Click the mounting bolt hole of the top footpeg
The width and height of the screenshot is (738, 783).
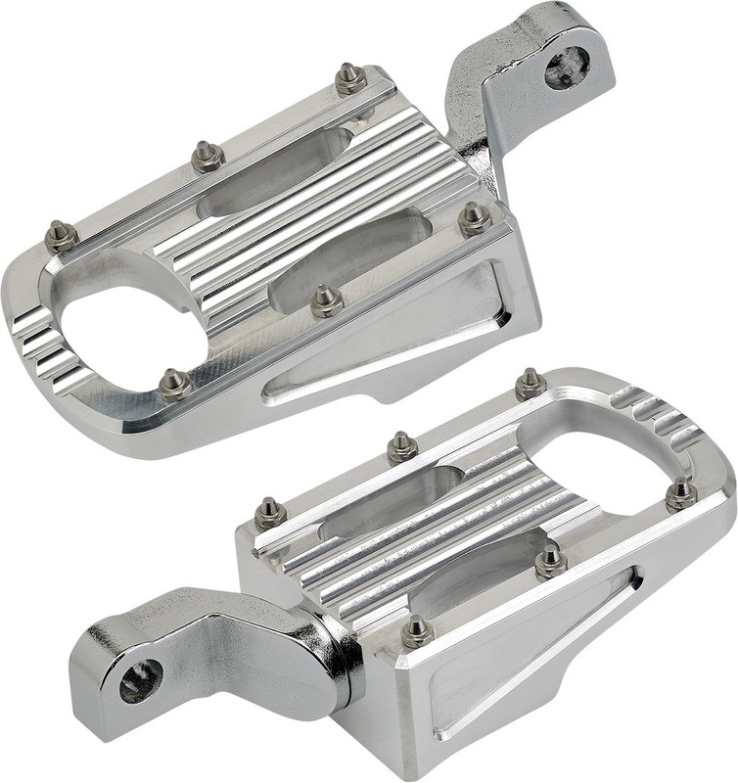pos(567,67)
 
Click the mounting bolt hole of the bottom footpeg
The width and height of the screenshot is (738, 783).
pos(141,680)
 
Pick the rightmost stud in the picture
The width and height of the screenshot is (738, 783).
pos(681,494)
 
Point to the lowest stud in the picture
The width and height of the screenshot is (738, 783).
pos(416,631)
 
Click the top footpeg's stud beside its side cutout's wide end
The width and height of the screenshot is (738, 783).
pos(475,218)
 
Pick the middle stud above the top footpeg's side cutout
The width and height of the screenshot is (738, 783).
pos(327,300)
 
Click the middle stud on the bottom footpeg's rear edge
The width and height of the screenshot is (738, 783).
pos(401,447)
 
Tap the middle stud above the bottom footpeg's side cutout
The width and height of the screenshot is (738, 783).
pos(550,561)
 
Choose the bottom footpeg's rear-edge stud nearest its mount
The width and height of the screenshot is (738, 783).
pos(270,512)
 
